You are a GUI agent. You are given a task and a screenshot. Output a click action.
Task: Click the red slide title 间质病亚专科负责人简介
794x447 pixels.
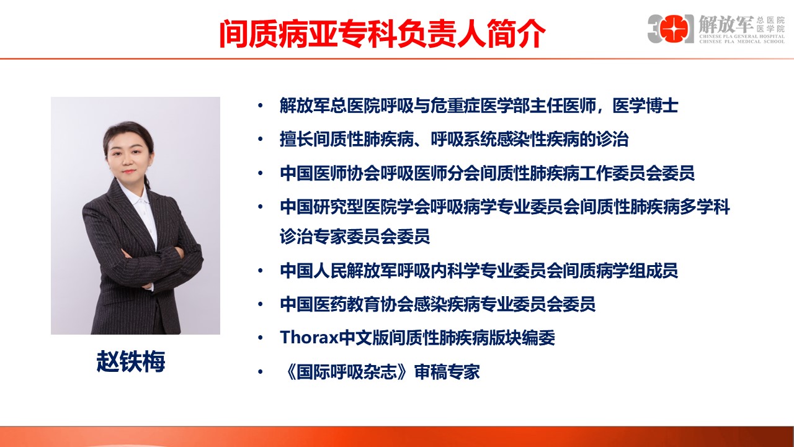click(x=381, y=34)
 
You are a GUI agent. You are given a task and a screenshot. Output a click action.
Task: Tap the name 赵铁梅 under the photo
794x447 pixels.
click(x=131, y=361)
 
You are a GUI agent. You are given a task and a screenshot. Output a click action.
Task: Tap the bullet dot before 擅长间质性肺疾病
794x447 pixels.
click(x=260, y=140)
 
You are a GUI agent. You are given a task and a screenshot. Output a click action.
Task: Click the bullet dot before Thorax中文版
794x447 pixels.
click(x=260, y=338)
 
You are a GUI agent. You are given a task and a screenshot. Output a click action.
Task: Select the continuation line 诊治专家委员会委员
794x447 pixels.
click(x=355, y=236)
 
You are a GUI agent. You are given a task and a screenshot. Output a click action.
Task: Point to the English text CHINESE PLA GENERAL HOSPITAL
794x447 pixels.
click(x=741, y=37)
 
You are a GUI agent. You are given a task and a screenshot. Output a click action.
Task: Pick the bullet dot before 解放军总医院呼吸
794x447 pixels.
click(x=260, y=106)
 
